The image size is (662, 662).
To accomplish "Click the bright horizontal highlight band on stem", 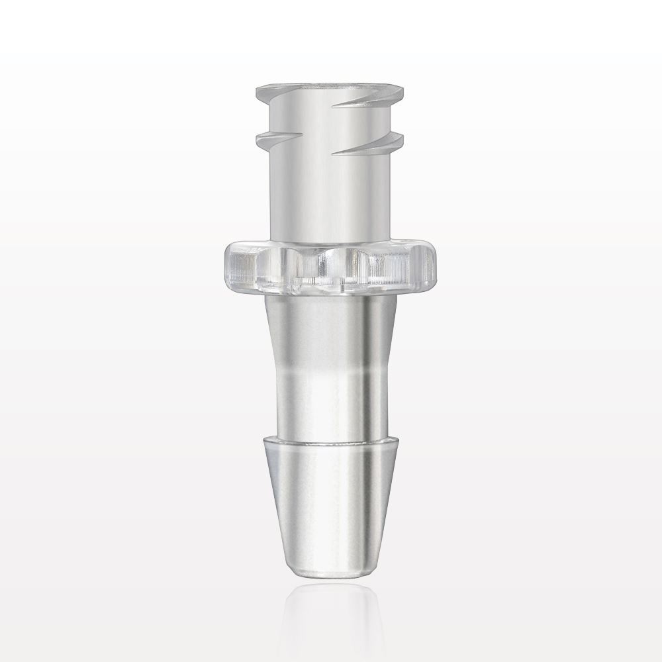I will point(324,381).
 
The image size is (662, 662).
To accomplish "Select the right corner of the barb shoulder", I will point(393,440).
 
